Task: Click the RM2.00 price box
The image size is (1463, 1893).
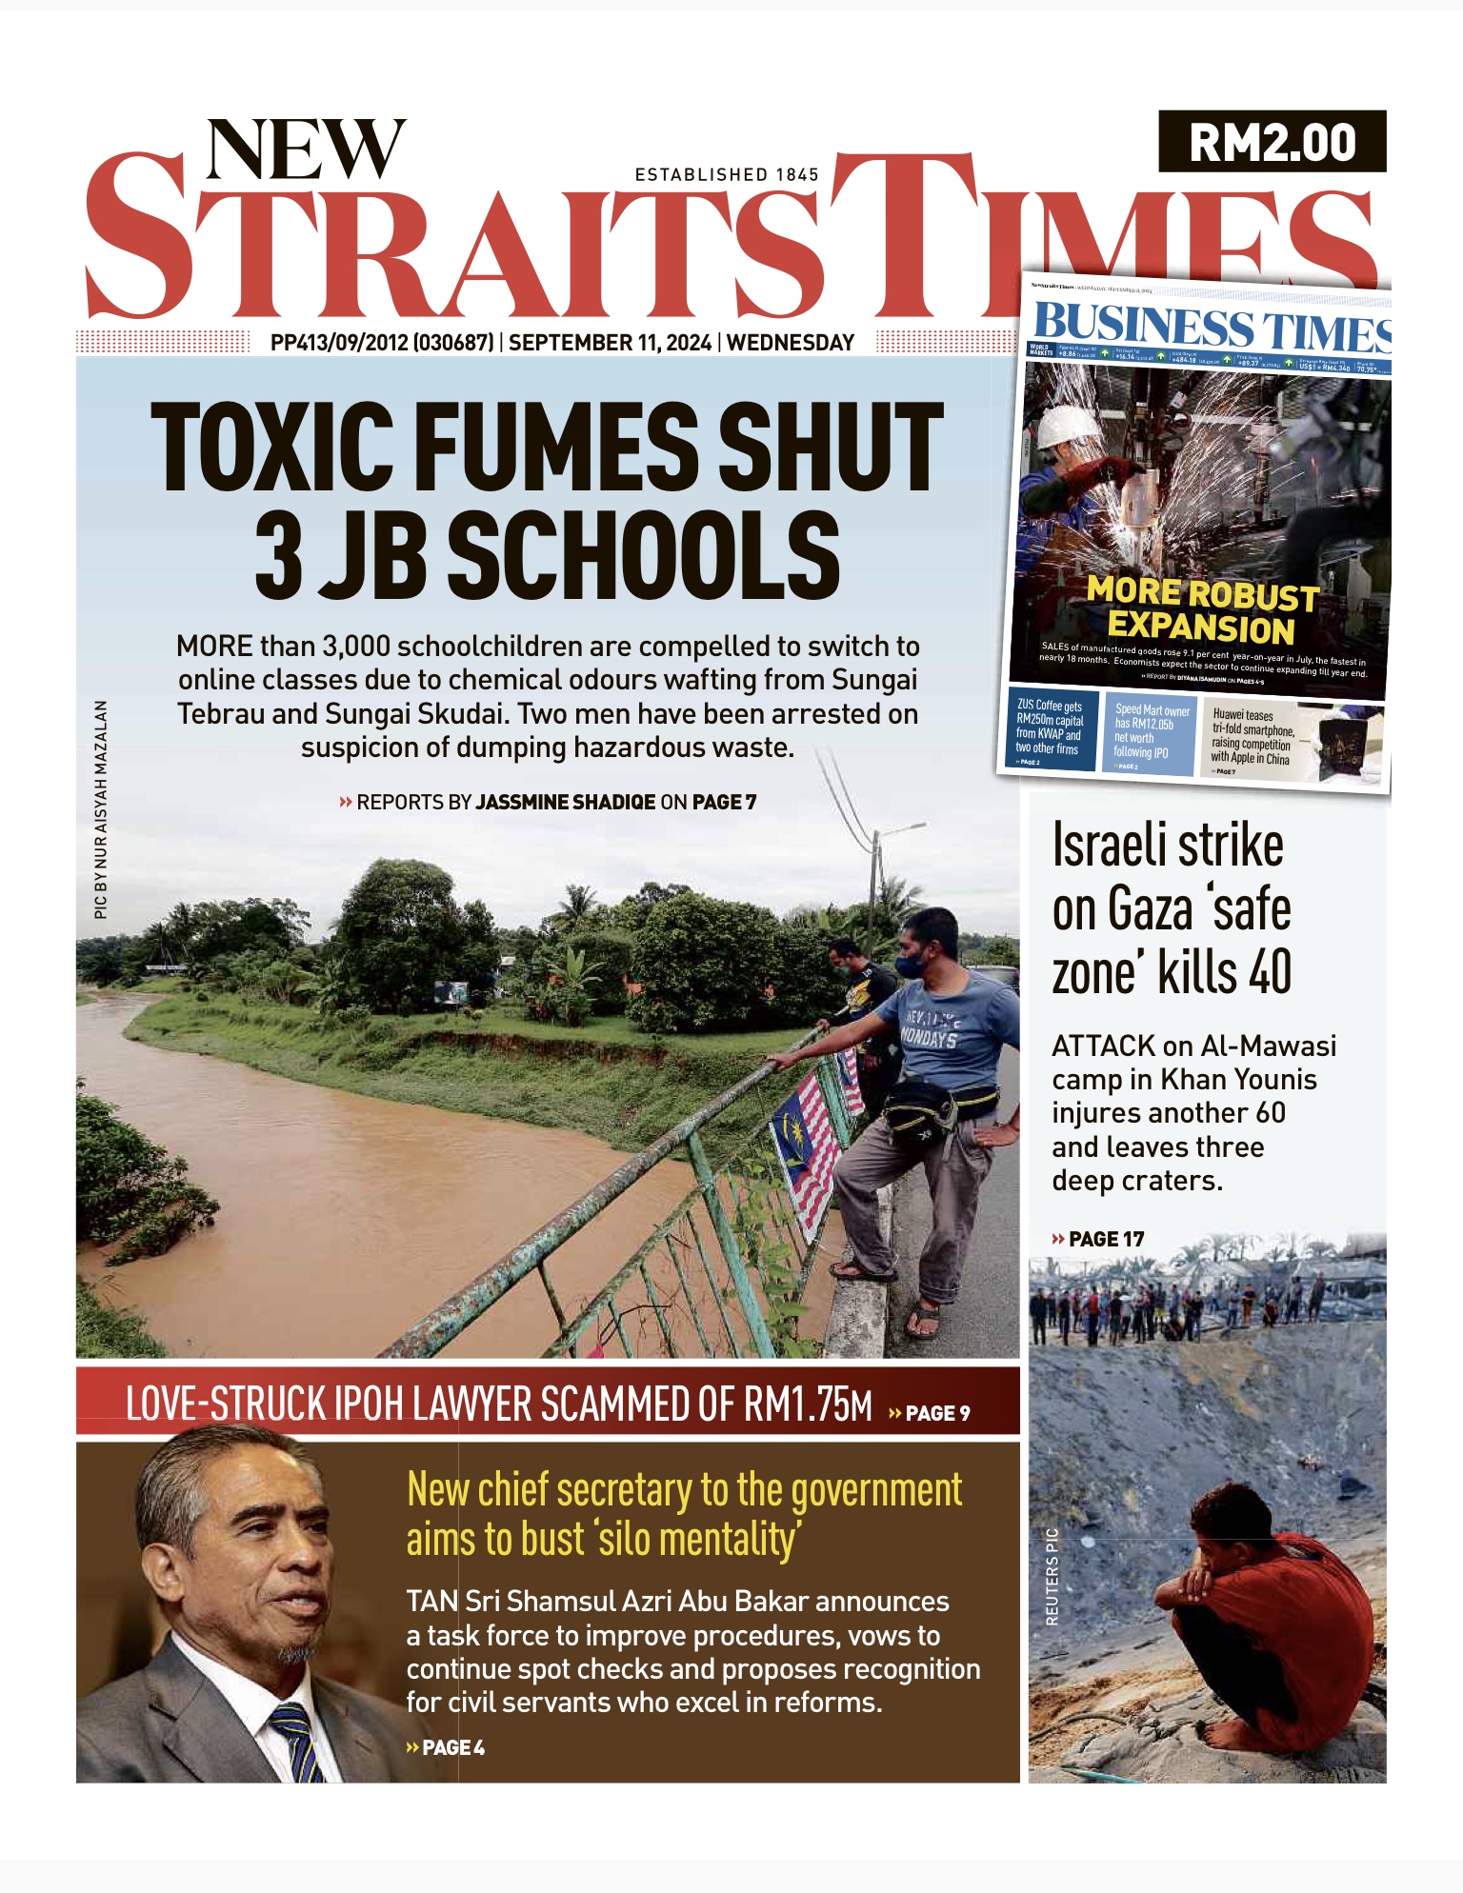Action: [1272, 142]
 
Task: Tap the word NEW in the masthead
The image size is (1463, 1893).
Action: [306, 149]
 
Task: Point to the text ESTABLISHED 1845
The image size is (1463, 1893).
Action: [727, 174]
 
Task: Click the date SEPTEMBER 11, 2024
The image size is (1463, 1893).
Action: [610, 343]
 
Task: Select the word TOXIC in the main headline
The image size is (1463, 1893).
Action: [271, 447]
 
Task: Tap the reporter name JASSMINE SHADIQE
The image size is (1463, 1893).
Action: [566, 802]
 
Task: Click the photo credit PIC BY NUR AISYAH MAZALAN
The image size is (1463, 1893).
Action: [100, 809]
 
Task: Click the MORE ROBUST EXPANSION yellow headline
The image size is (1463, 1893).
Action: [1203, 610]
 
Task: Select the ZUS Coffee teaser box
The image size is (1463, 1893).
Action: [1052, 728]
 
